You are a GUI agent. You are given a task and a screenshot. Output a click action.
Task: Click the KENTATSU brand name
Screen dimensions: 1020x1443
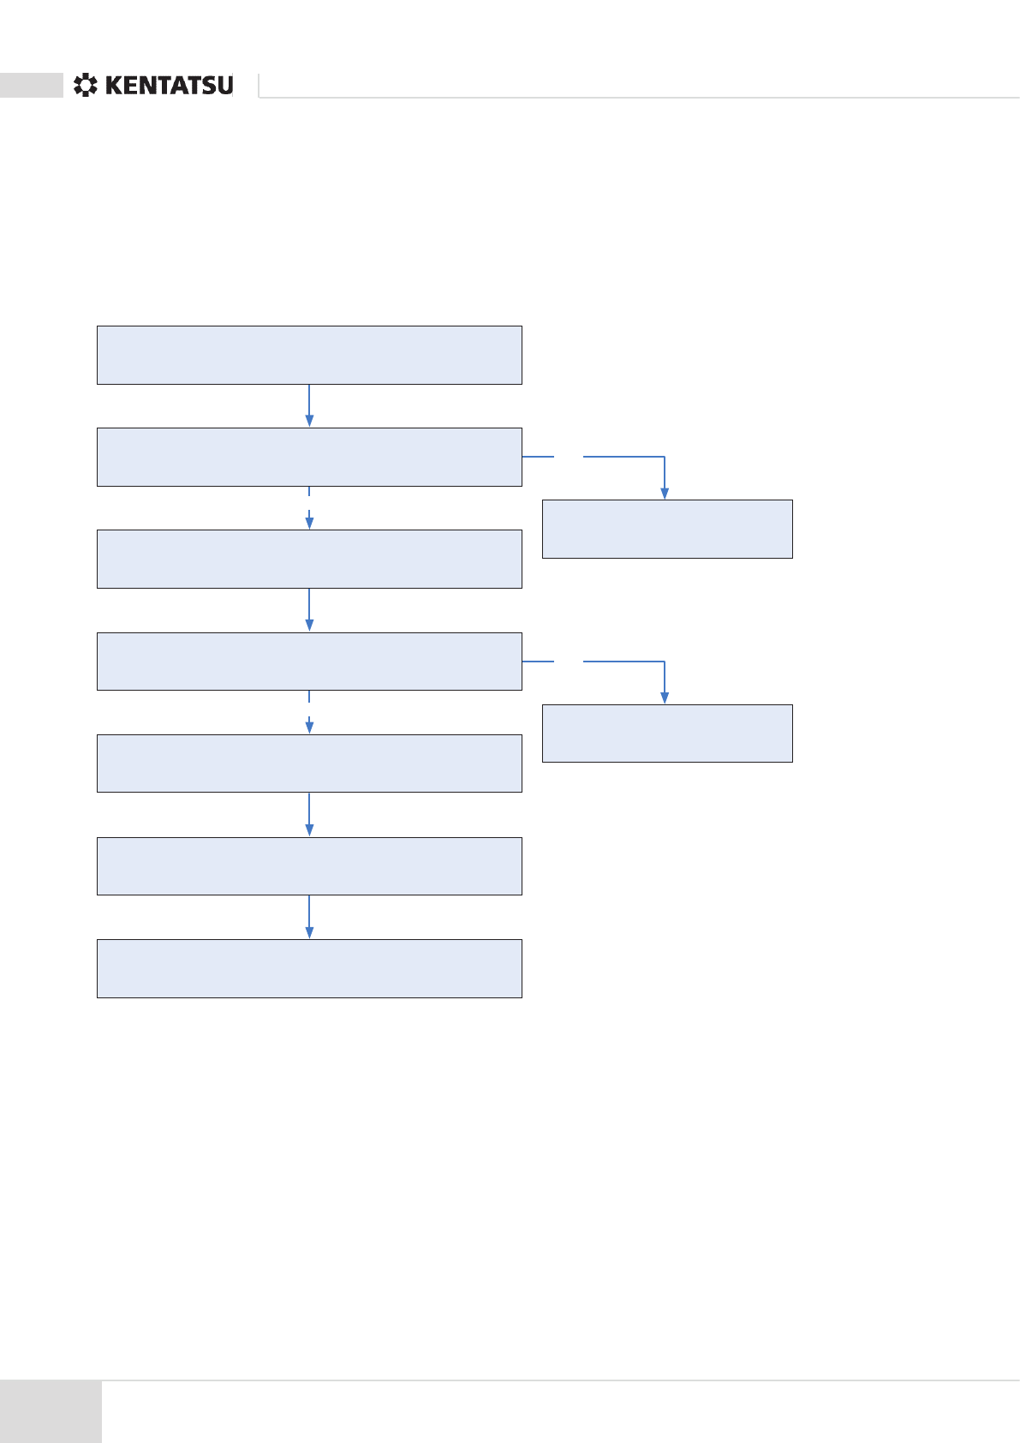pyautogui.click(x=169, y=86)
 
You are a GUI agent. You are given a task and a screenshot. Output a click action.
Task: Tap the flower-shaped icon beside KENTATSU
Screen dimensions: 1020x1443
pyautogui.click(x=85, y=86)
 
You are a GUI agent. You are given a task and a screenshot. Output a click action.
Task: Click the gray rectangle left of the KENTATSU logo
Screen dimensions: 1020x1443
pyautogui.click(x=32, y=86)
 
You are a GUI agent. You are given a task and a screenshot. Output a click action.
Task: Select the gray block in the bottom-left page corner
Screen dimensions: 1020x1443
pyautogui.click(x=51, y=1410)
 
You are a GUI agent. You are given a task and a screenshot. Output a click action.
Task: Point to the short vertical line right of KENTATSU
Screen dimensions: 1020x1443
pyautogui.click(x=259, y=86)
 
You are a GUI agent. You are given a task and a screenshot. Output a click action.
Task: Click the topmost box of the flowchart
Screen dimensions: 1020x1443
pyautogui.click(x=309, y=355)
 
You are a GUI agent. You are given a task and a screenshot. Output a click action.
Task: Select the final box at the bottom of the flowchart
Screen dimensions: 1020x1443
pyautogui.click(x=309, y=968)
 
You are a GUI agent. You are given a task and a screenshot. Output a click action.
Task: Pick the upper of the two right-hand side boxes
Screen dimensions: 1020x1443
pyautogui.click(x=667, y=529)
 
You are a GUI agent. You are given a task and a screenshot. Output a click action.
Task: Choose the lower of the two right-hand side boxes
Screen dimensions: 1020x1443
pyautogui.click(x=667, y=733)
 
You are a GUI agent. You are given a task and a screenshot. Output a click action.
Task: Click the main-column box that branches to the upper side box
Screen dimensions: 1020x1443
pyautogui.click(x=309, y=457)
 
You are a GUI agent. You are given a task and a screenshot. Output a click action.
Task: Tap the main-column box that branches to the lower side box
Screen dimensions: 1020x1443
pyautogui.click(x=309, y=662)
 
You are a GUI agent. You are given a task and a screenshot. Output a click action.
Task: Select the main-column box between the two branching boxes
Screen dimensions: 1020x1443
pyautogui.click(x=309, y=559)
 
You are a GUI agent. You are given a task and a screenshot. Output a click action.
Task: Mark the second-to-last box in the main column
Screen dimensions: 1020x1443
pyautogui.click(x=309, y=866)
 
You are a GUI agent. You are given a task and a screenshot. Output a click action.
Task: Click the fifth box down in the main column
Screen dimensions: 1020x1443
pyautogui.click(x=309, y=763)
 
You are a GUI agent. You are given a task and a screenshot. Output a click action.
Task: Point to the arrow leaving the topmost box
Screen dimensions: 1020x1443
pyautogui.click(x=309, y=405)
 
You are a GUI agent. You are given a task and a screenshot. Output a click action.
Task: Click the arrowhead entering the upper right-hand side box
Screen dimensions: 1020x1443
pyautogui.click(x=665, y=494)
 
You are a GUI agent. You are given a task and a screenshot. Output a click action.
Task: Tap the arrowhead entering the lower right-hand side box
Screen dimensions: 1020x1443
pyautogui.click(x=665, y=698)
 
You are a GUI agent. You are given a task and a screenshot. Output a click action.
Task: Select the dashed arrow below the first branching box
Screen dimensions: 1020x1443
pyautogui.click(x=309, y=509)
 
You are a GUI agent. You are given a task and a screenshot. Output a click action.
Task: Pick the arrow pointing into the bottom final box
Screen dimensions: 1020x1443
pyautogui.click(x=309, y=918)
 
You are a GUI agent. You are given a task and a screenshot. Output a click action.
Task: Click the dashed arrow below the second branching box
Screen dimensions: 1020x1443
pyautogui.click(x=309, y=713)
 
